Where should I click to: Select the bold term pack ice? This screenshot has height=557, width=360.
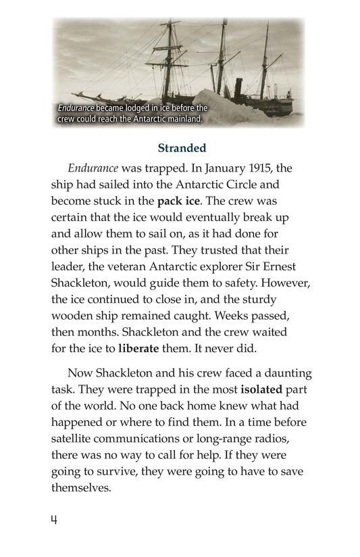click(x=181, y=201)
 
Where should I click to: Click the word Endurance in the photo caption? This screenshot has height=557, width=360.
click(x=76, y=108)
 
